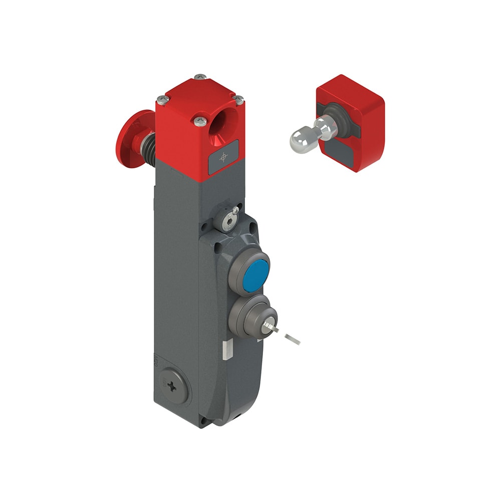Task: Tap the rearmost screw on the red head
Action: click(200, 77)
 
